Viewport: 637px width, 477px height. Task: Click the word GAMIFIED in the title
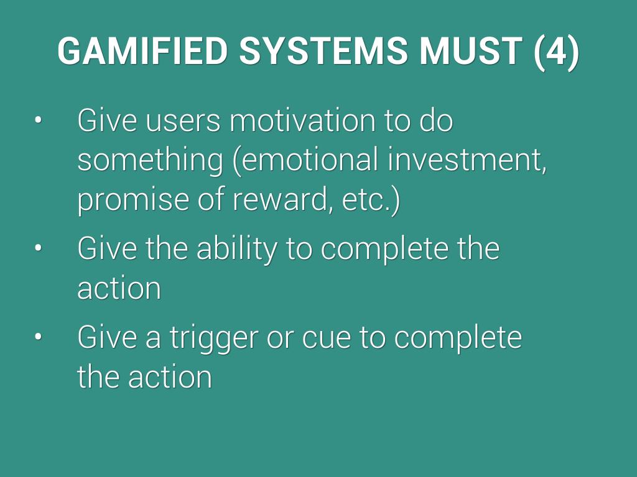(x=142, y=51)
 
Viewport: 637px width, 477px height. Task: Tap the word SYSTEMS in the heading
(x=323, y=51)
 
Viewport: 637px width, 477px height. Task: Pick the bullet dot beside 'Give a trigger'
(x=38, y=337)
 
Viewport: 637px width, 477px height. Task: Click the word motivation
(x=303, y=120)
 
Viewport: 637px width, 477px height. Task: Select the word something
(x=151, y=161)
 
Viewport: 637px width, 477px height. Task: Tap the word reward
(x=279, y=199)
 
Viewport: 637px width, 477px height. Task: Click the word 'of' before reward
(x=212, y=199)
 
